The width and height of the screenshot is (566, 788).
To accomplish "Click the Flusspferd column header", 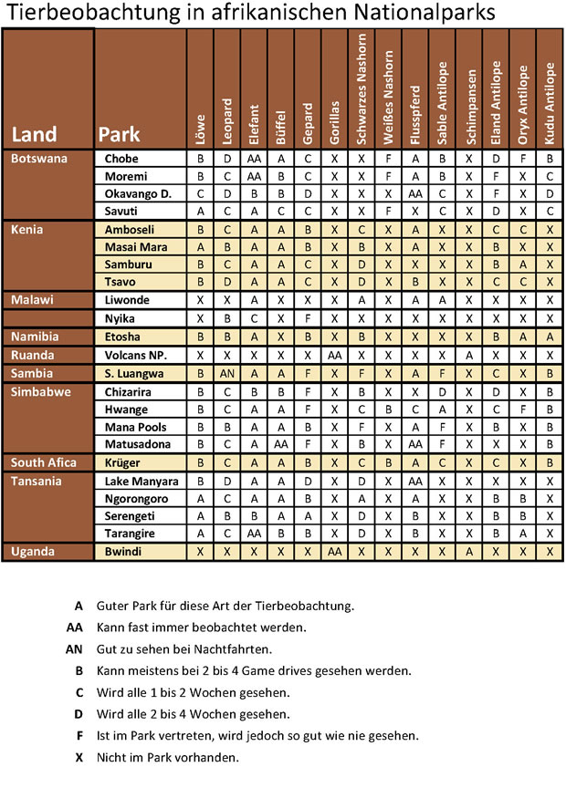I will (x=415, y=114).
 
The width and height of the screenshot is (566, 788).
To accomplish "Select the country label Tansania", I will (x=36, y=481).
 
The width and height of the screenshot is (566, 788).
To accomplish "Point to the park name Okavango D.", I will (x=138, y=193).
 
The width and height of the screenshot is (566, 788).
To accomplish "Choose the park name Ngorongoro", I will (x=137, y=498).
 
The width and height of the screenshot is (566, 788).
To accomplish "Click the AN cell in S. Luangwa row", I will (x=227, y=373).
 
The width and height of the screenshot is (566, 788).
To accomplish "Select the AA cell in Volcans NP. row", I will (x=334, y=355).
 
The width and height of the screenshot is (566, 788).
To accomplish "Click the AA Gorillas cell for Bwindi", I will (x=334, y=552).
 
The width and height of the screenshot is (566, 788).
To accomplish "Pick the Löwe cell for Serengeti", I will (x=200, y=516).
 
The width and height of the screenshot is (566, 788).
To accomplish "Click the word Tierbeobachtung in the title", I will (x=87, y=14).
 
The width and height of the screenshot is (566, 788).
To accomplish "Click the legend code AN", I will (x=75, y=648).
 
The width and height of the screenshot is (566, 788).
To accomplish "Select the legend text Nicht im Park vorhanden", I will (x=167, y=756).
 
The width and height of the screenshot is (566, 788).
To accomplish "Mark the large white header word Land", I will (x=33, y=135).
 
